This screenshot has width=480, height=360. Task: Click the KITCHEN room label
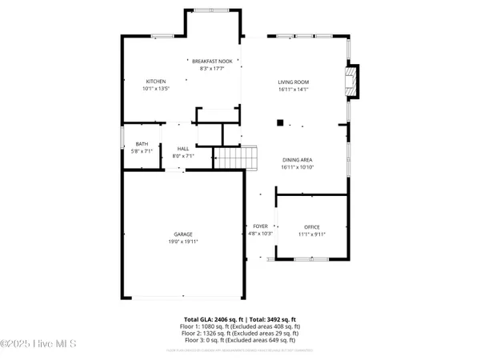[155, 82]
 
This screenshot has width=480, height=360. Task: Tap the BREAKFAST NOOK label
[212, 62]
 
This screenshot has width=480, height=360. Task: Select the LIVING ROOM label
[294, 82]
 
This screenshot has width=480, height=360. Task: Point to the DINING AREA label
[296, 160]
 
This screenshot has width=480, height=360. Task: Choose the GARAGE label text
[182, 234]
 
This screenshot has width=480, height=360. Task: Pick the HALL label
[182, 149]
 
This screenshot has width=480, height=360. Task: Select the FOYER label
[261, 226]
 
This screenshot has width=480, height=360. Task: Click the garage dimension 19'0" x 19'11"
[182, 242]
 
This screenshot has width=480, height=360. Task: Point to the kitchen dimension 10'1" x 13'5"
[155, 89]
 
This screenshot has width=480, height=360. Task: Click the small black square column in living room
[280, 122]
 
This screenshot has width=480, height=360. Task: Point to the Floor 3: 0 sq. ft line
[240, 341]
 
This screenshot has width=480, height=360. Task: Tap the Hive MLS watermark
[38, 344]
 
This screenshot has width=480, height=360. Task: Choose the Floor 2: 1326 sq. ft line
[240, 334]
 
